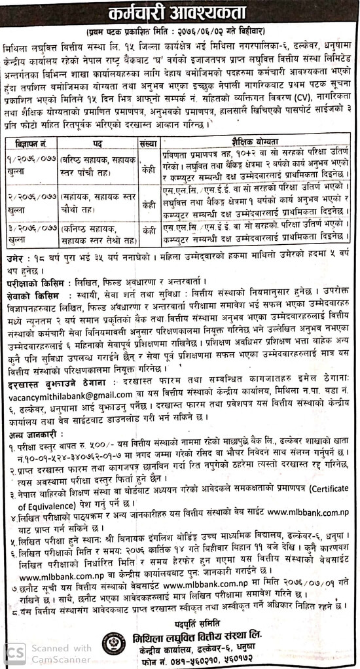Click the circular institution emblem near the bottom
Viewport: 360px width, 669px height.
114,645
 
